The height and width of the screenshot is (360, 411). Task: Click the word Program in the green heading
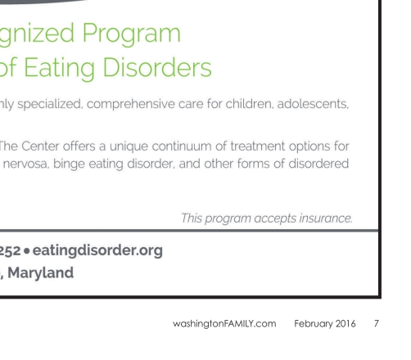point(131,34)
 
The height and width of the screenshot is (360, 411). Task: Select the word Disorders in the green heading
point(157,67)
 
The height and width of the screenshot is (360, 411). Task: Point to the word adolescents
point(313,104)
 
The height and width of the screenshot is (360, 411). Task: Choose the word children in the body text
point(249,104)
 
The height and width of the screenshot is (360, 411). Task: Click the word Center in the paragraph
point(40,146)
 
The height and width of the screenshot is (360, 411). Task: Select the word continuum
point(182,146)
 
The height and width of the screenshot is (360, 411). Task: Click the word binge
point(69,164)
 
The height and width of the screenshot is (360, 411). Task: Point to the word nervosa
point(25,164)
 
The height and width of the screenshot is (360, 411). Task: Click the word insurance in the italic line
point(326,218)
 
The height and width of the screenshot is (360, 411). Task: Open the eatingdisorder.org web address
point(97,250)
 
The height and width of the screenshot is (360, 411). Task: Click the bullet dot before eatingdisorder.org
point(26,251)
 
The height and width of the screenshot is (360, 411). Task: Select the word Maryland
point(41,272)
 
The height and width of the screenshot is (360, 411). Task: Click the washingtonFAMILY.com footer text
point(224,324)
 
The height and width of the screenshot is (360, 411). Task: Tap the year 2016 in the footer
point(346,324)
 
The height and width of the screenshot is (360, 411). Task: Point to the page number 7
point(377,324)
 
